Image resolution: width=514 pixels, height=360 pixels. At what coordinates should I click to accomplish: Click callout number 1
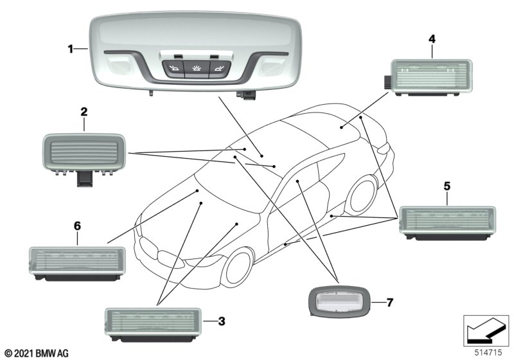point(72,48)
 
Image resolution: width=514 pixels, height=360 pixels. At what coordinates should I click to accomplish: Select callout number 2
point(84,112)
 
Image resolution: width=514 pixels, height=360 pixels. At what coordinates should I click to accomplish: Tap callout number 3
point(220,319)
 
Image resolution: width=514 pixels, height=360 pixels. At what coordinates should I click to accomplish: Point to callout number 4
point(432,40)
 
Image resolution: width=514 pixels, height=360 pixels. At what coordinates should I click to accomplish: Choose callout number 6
point(77,226)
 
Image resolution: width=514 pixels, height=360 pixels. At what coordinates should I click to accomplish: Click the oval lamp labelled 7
point(340,299)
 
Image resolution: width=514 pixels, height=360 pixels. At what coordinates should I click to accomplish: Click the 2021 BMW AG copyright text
point(36,353)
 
